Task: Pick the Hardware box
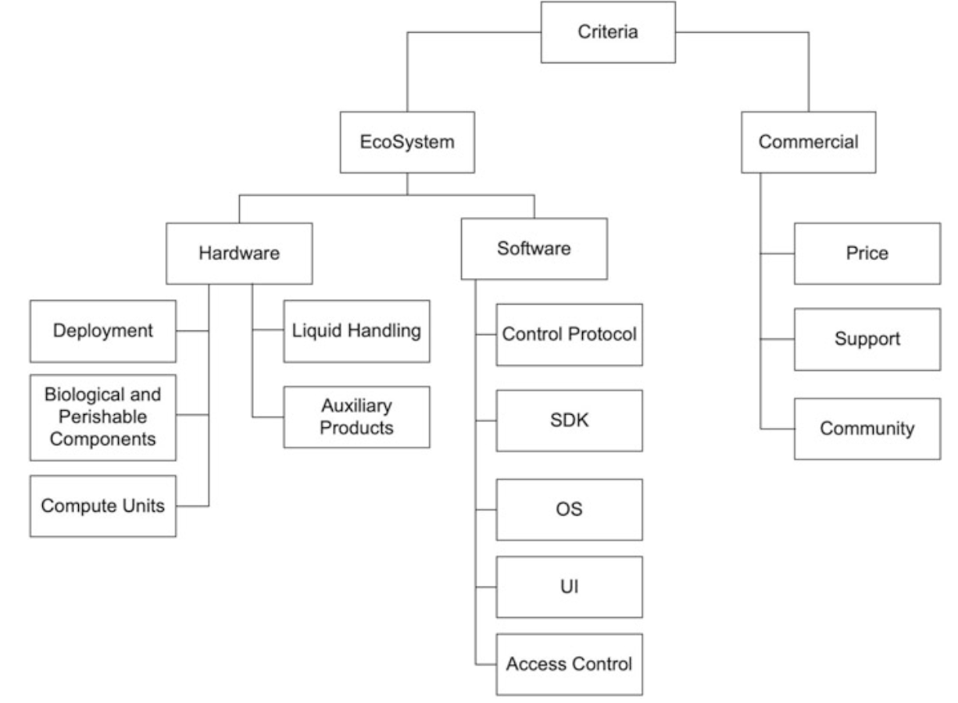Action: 239,253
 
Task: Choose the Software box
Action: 534,249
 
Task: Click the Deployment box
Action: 103,331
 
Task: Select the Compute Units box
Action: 103,505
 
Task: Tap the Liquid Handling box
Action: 356,331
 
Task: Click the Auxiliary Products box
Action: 356,416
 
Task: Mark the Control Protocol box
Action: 570,335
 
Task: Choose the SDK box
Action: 570,420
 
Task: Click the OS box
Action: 570,509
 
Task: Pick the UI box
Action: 570,587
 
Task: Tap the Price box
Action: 867,253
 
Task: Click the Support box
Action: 867,339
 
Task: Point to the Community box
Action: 867,429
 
